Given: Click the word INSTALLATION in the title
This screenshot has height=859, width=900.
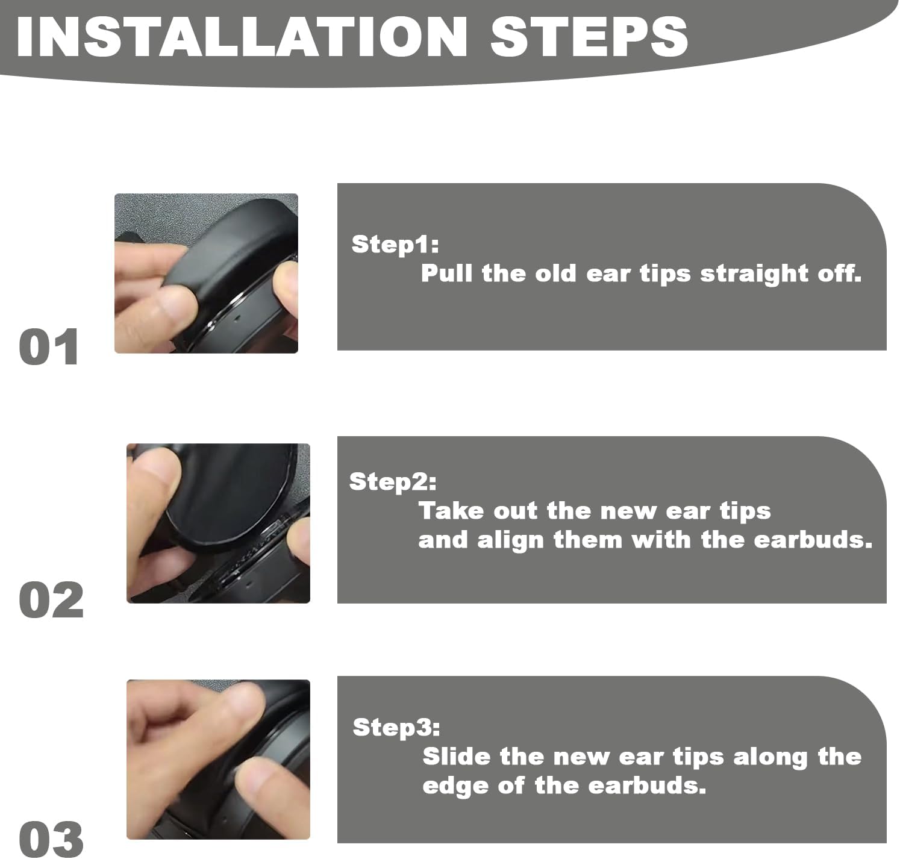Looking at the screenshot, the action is pos(242,37).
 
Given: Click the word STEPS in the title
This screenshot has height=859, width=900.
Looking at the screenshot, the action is pos(589,37).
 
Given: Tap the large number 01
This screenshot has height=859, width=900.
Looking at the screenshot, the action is pos(49,346).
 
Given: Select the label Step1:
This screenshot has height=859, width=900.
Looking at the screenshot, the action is pos(395,245).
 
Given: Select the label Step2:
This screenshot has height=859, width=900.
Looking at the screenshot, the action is pos(393,482).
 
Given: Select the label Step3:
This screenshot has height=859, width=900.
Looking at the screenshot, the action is pos(396,727).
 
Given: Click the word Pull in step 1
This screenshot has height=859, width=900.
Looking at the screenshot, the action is pos(447,273).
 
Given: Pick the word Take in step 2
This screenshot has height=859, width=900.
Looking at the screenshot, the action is pos(451,511).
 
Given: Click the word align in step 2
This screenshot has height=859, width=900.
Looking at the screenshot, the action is pos(510,541).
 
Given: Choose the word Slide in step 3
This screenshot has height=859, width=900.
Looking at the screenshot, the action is pos(457,756).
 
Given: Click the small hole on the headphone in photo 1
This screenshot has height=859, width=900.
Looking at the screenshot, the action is pos(237,316).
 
